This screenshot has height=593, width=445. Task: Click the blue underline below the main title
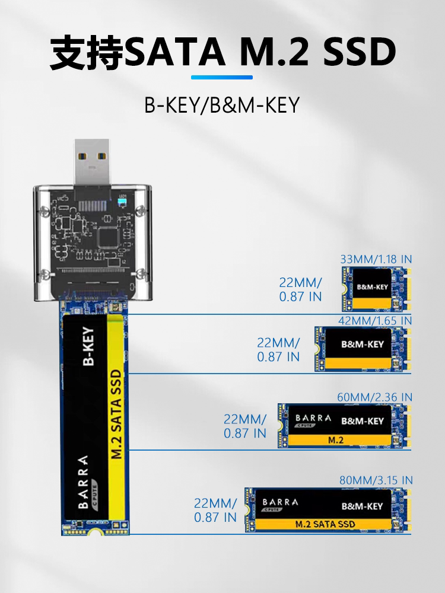tap(222, 78)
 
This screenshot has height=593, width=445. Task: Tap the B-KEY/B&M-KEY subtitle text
tap(222, 105)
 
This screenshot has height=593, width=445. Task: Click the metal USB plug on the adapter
tap(92, 162)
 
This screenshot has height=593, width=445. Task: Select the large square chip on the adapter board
tap(109, 237)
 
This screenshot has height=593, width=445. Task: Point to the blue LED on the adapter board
tap(122, 202)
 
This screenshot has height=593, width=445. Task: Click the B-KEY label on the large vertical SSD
tap(88, 346)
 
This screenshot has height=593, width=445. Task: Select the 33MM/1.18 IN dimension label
tap(376, 259)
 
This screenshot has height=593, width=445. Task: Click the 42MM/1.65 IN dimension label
tap(374, 320)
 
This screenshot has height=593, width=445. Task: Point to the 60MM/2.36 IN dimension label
tap(374, 397)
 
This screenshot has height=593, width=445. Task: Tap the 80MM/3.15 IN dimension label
tap(376, 480)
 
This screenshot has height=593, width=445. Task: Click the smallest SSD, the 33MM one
tap(377, 289)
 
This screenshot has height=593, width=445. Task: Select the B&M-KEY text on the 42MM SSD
tap(363, 344)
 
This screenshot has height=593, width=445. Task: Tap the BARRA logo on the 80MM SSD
tap(280, 505)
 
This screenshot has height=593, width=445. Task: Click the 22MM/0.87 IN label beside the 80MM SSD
tap(215, 510)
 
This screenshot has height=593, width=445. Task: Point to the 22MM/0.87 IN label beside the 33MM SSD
tap(300, 289)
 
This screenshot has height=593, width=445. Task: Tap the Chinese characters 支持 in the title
tap(87, 52)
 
